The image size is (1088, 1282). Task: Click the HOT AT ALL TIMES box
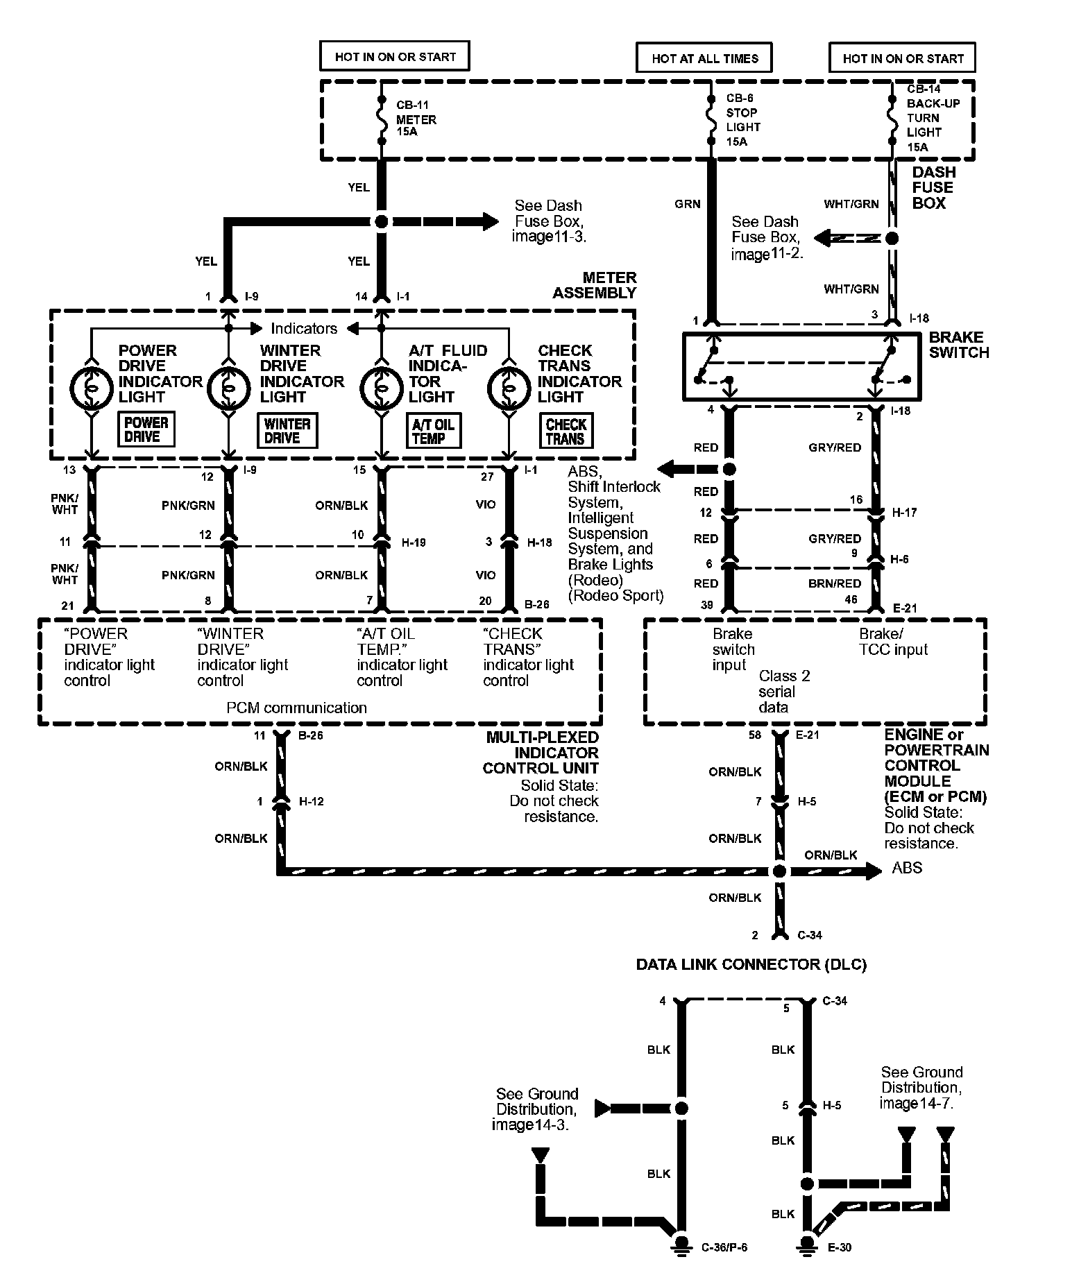[x=704, y=58]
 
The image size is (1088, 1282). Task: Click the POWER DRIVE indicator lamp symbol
[x=92, y=388]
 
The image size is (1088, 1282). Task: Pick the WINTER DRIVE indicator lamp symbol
[x=228, y=388]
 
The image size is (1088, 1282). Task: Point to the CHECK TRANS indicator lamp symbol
[x=509, y=388]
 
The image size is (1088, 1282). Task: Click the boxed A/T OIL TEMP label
[x=433, y=431]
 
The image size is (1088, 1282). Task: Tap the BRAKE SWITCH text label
[x=959, y=345]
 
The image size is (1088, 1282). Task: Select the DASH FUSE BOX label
[x=933, y=187]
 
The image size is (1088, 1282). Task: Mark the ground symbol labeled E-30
[x=807, y=1245]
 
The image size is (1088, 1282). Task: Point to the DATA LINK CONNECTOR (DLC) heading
[x=751, y=964]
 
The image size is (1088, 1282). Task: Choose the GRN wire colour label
[x=687, y=204]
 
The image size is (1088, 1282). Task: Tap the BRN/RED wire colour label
[x=835, y=583]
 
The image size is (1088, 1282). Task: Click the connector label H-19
[x=414, y=542]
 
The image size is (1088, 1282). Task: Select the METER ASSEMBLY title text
[x=594, y=285]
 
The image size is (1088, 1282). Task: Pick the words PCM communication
[x=296, y=708]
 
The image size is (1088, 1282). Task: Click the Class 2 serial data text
[x=783, y=692]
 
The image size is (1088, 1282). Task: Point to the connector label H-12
[x=311, y=801]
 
